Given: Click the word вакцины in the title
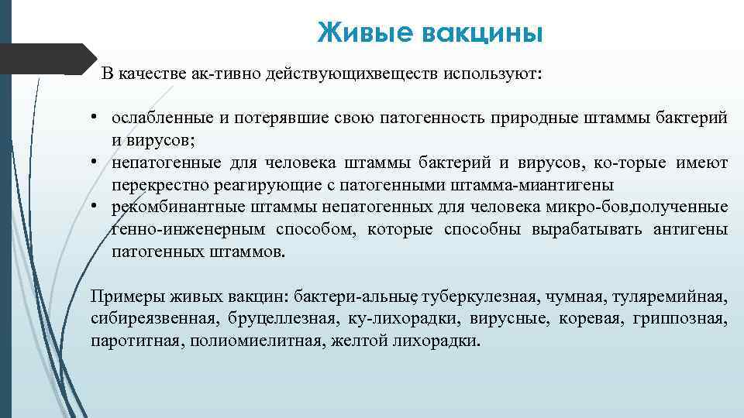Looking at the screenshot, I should [x=483, y=33].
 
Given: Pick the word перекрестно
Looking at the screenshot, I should [x=161, y=185].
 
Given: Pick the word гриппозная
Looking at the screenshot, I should [x=680, y=319].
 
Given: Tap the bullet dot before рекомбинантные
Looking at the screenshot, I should [x=92, y=207].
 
